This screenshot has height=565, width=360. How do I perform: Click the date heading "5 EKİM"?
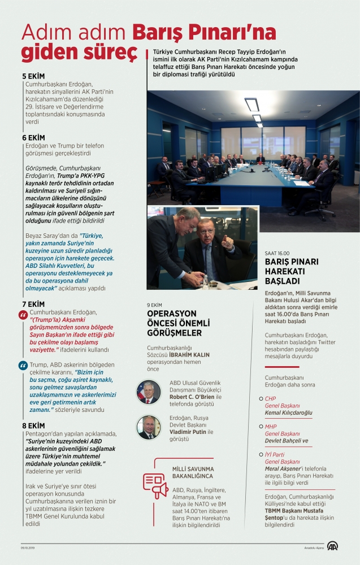point(33,76)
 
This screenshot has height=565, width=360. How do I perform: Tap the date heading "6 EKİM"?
point(33,137)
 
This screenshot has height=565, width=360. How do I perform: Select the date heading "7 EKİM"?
point(33,303)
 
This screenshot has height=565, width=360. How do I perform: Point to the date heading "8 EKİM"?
point(33,425)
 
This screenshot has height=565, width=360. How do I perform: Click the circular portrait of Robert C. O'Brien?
point(149,392)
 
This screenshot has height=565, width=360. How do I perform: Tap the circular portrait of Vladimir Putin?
point(149,427)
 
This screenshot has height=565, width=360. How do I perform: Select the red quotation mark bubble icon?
point(24,315)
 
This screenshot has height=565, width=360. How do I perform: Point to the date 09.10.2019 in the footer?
point(29,547)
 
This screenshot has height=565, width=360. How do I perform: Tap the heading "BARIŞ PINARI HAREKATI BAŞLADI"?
point(292,271)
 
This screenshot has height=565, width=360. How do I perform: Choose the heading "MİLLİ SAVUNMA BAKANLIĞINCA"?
point(193,472)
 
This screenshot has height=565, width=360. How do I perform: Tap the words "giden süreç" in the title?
point(79,52)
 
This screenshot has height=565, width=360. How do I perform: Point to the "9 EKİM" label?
point(155,305)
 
